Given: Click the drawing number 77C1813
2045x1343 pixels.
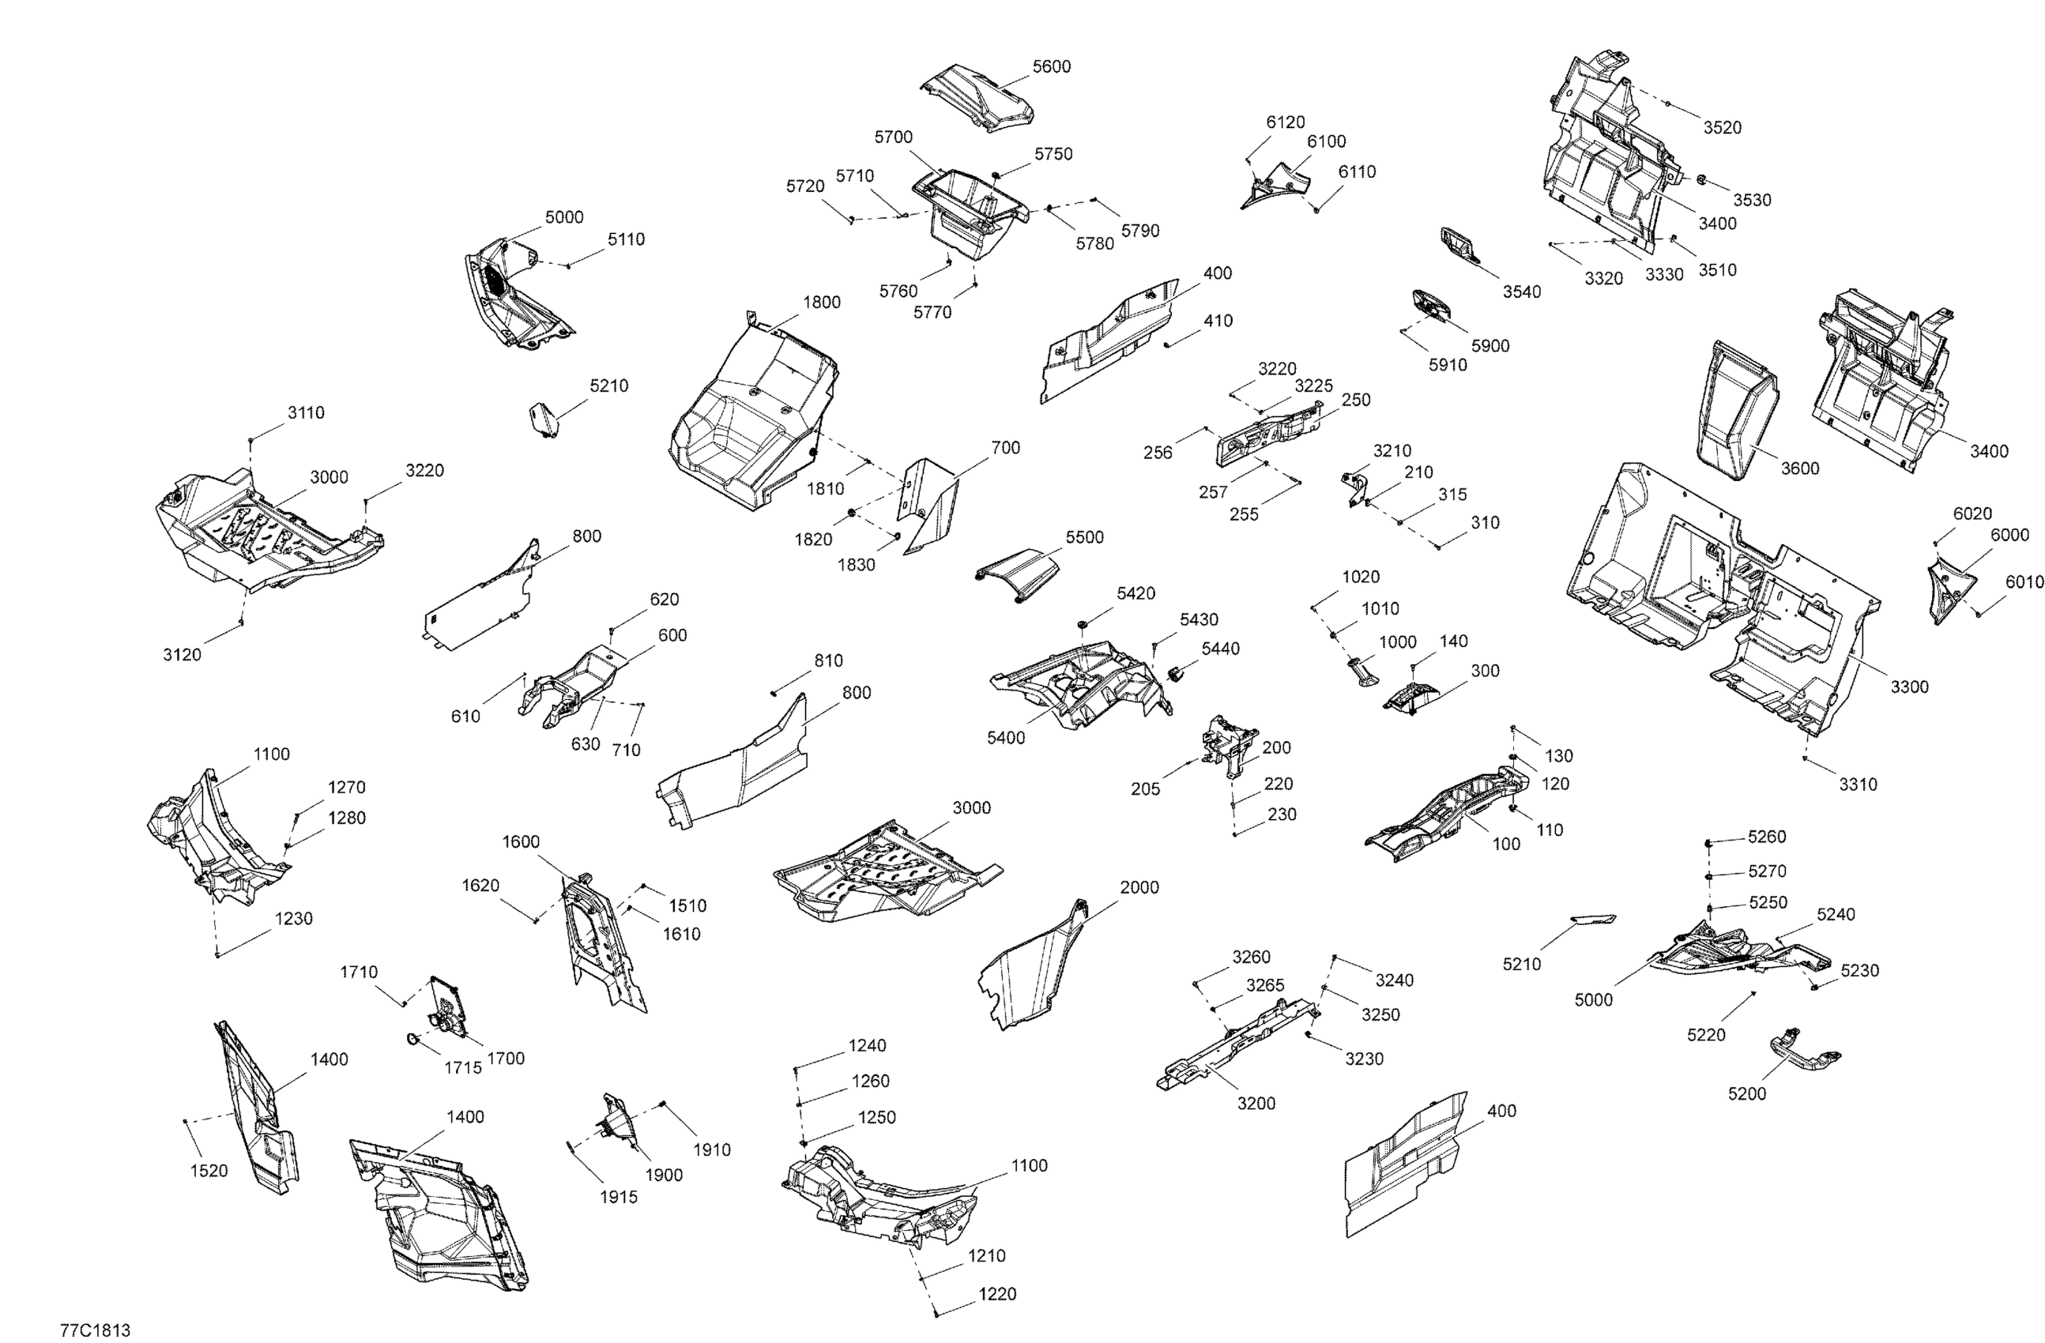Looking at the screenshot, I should click(95, 1330).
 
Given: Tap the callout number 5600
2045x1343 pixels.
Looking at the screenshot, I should click(1051, 67).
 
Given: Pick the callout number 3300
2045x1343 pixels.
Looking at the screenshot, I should click(1909, 687).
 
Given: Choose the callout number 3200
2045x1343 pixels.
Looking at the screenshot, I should click(1256, 1104).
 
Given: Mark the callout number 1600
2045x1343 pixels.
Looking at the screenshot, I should click(521, 842).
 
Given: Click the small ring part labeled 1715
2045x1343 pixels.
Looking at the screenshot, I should click(412, 1040).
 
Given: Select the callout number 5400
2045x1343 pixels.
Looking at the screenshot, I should click(1005, 737).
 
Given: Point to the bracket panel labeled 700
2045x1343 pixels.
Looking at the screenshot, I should click(930, 507).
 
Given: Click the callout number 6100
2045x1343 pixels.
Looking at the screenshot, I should click(1326, 141).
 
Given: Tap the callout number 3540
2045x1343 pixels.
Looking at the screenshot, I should click(1522, 292).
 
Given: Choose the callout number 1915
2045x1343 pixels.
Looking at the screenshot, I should click(618, 1198).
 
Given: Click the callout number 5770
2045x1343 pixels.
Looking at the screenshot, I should click(932, 313).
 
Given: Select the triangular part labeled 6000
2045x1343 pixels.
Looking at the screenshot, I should click(1948, 590).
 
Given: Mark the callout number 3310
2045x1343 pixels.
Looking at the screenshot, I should click(1858, 784).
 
